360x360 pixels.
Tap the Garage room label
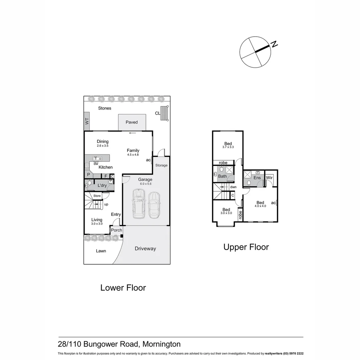pyautogui.click(x=145, y=179)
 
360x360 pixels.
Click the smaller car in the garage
pyautogui.click(x=154, y=205)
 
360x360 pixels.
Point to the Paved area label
pyautogui.click(x=132, y=122)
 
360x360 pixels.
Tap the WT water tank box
pyautogui.click(x=87, y=121)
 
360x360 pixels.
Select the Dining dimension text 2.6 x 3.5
pyautogui.click(x=103, y=146)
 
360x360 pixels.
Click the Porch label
pyautogui.click(x=116, y=230)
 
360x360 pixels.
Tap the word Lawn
pyautogui.click(x=101, y=251)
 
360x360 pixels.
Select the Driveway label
pyautogui.click(x=145, y=249)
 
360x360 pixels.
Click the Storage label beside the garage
pyautogui.click(x=161, y=165)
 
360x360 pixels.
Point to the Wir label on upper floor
pyautogui.click(x=269, y=178)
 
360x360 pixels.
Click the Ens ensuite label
pyautogui.click(x=257, y=178)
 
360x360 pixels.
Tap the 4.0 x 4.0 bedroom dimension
pyautogui.click(x=260, y=206)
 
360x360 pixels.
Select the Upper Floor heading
pyautogui.click(x=246, y=247)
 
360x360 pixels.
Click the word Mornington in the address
pyautogui.click(x=162, y=344)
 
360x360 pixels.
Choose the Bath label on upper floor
pyautogui.click(x=222, y=176)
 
